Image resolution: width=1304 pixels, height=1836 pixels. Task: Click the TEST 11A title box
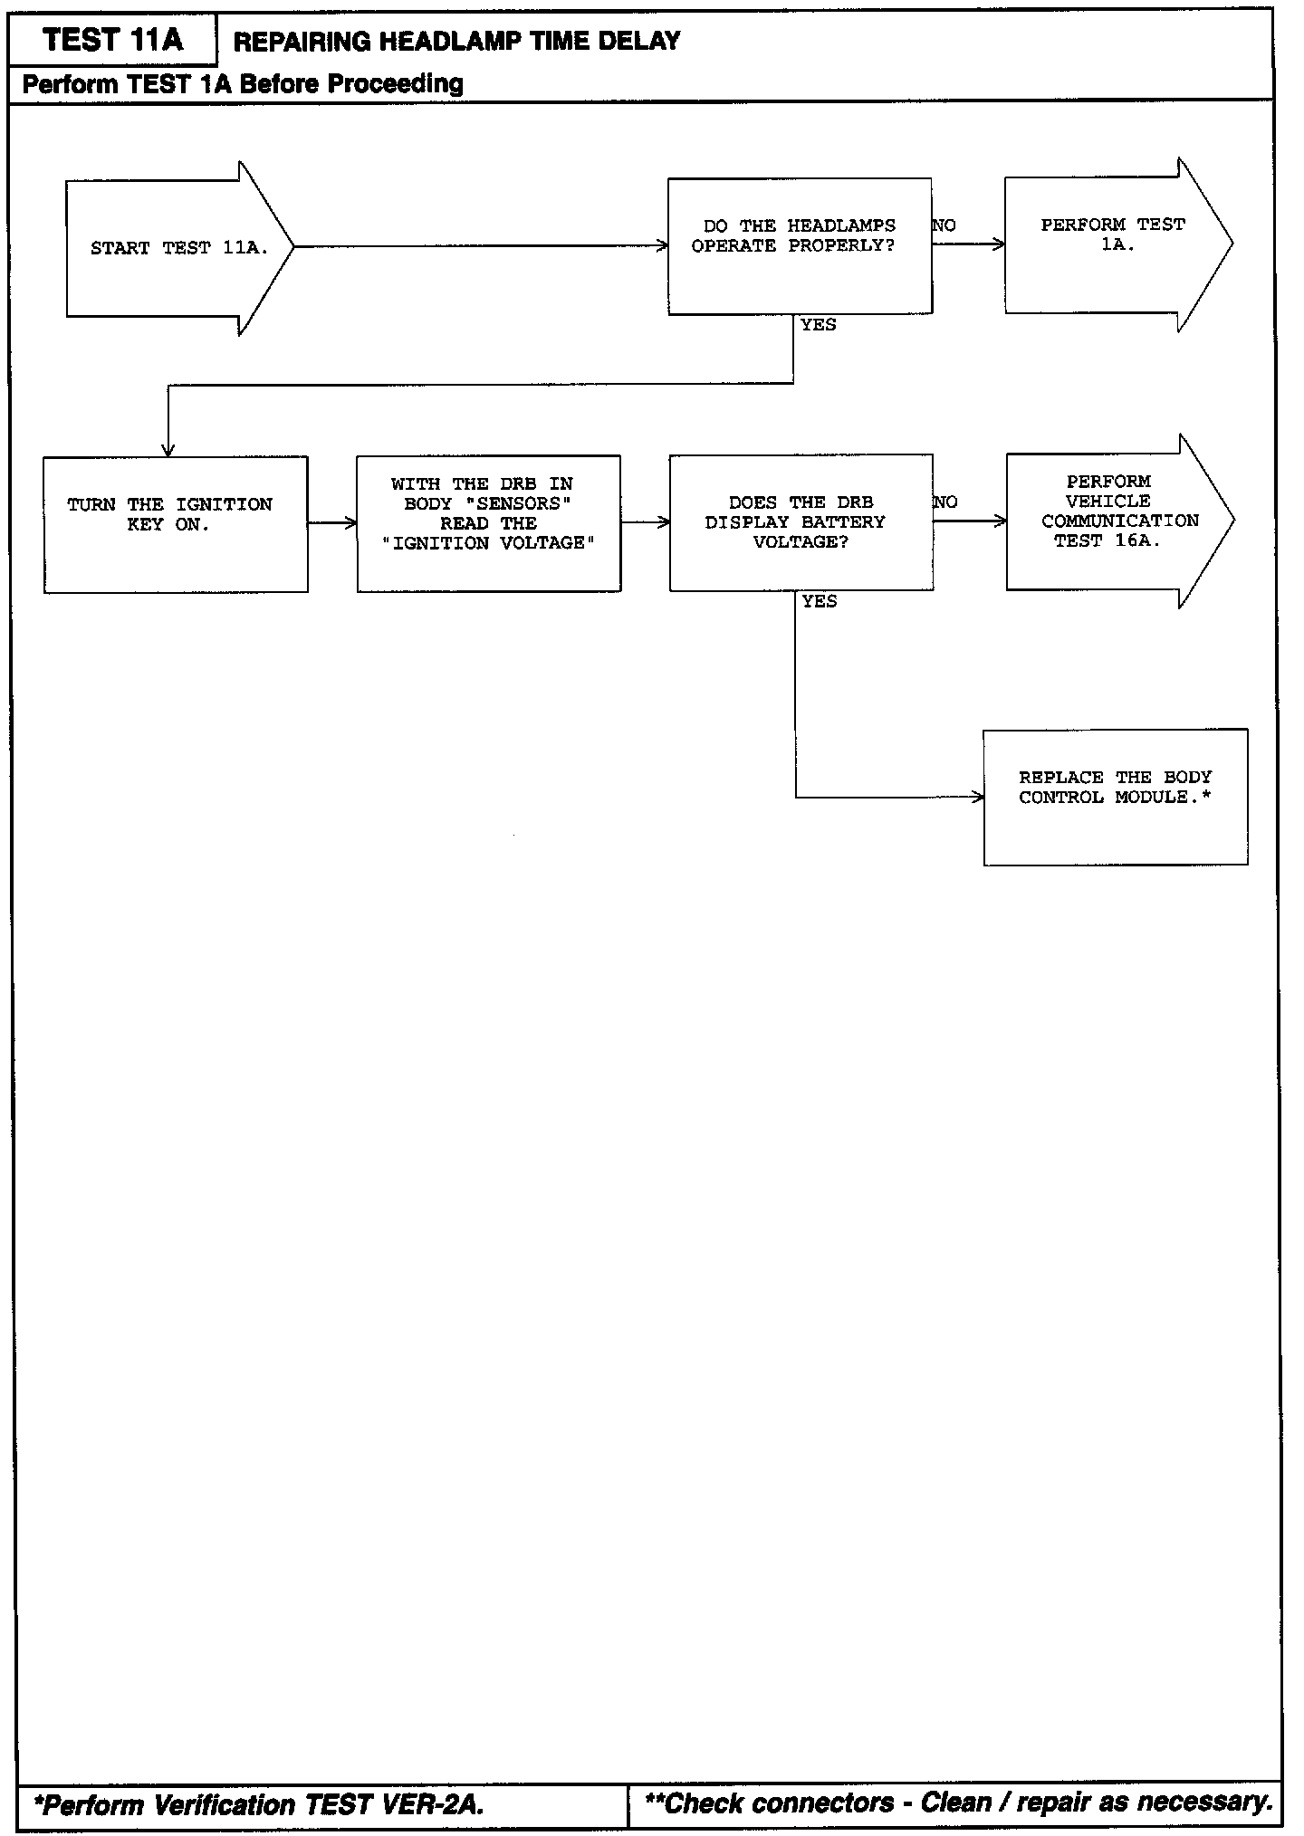click(x=112, y=40)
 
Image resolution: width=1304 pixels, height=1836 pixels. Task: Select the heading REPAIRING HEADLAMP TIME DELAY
click(x=456, y=41)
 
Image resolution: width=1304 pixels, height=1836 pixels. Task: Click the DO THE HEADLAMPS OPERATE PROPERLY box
click(x=800, y=245)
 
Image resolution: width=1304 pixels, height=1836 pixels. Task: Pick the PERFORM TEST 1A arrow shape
click(x=1113, y=244)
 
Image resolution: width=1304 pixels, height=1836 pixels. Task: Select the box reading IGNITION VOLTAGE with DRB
click(x=489, y=523)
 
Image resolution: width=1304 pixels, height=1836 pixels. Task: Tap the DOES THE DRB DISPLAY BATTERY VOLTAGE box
click(x=801, y=523)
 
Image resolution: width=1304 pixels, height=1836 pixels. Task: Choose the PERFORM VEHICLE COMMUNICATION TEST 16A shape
click(x=1115, y=521)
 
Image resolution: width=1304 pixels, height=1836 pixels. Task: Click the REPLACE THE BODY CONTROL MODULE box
click(x=1115, y=797)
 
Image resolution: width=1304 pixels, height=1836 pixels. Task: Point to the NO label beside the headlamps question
click(x=944, y=225)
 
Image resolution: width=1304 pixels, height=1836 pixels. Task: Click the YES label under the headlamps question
click(x=819, y=325)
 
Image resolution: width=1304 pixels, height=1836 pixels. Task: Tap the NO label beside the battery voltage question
click(x=945, y=502)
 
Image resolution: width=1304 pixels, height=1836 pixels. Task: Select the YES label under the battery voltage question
click(x=820, y=602)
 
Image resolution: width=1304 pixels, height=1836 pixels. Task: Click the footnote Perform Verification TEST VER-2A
click(x=259, y=1804)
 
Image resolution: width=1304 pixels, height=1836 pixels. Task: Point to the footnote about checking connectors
click(x=958, y=1803)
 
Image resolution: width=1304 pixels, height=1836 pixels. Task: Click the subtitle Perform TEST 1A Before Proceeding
click(x=243, y=84)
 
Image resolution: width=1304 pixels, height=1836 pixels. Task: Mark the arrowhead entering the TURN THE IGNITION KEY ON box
click(x=168, y=450)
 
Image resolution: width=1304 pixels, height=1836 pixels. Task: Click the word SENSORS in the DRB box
click(x=523, y=503)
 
